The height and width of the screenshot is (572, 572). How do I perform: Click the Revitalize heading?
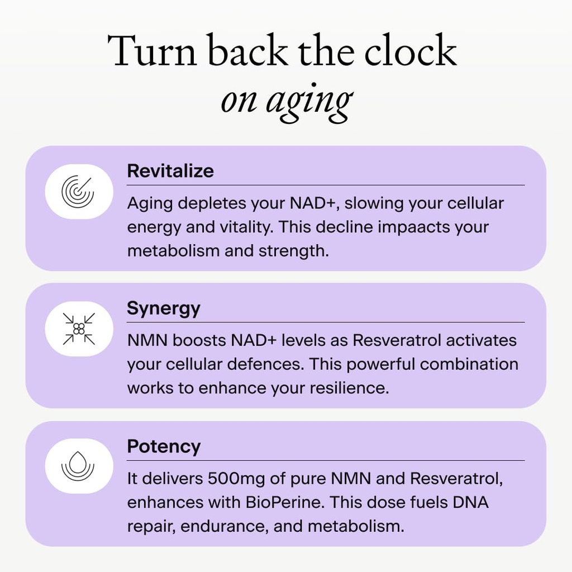170,171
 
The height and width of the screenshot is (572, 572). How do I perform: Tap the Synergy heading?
163,309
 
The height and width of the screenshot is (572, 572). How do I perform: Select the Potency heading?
163,447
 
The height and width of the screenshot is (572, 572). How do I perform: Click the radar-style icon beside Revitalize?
78,192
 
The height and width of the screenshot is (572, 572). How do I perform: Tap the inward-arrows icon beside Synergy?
78,328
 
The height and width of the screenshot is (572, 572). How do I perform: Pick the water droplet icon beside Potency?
78,466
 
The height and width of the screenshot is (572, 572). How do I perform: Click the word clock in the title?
411,51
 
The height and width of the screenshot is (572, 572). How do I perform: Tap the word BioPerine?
283,502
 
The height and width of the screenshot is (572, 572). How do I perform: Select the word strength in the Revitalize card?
293,251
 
